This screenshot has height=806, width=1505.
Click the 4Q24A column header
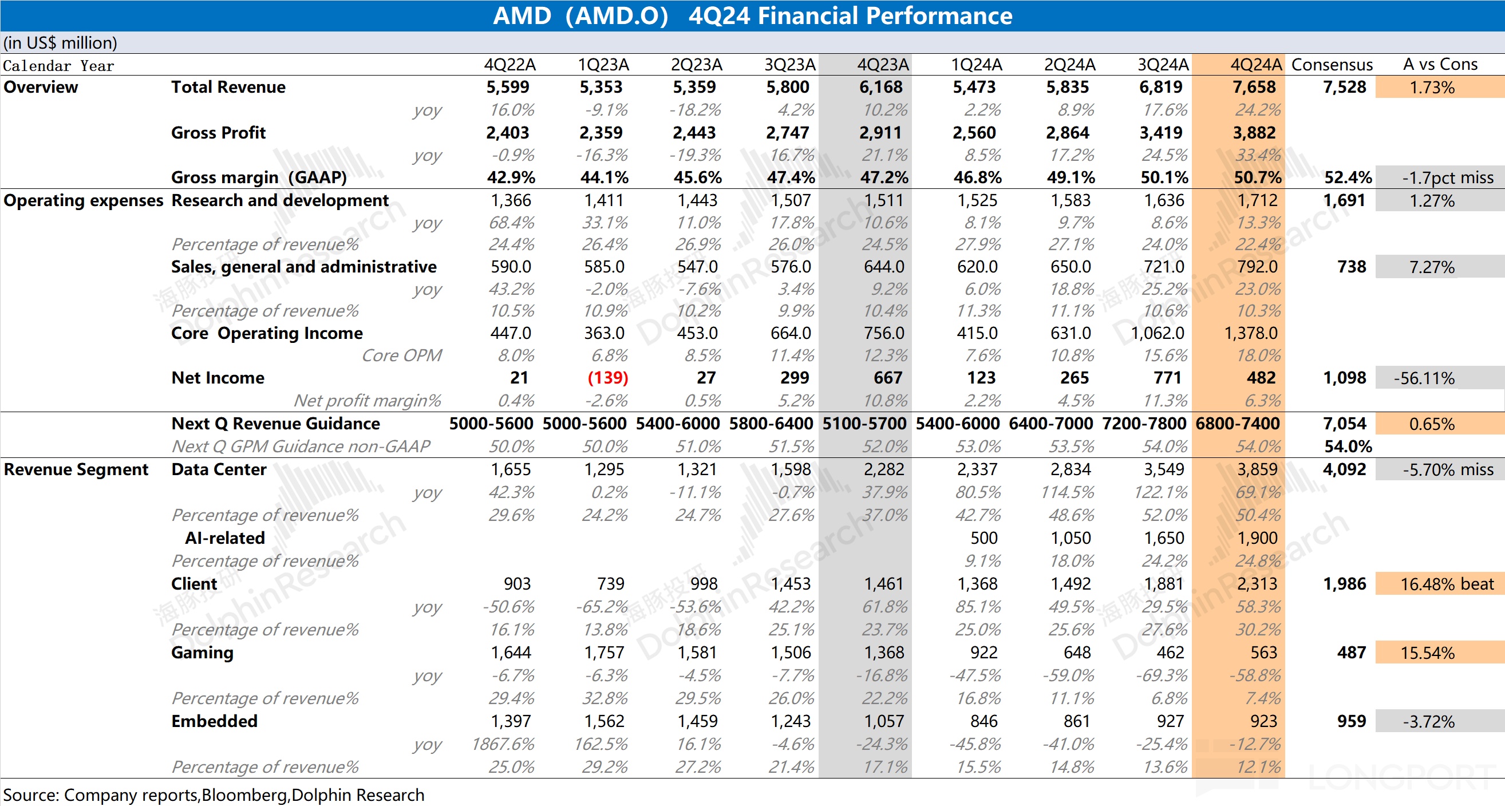(1255, 64)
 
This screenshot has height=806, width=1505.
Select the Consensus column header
(1332, 64)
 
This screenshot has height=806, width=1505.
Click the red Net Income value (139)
(607, 378)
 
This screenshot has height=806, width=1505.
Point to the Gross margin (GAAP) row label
(259, 177)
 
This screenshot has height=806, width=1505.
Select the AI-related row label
(225, 538)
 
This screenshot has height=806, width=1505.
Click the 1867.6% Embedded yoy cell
(503, 744)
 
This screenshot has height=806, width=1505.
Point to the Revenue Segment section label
(76, 469)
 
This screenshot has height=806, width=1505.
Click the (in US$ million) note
(60, 42)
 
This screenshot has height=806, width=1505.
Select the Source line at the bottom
(214, 795)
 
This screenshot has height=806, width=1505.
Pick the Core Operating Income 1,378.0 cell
(1250, 333)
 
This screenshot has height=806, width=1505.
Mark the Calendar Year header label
(58, 65)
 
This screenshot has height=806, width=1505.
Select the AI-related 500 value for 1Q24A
(984, 538)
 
